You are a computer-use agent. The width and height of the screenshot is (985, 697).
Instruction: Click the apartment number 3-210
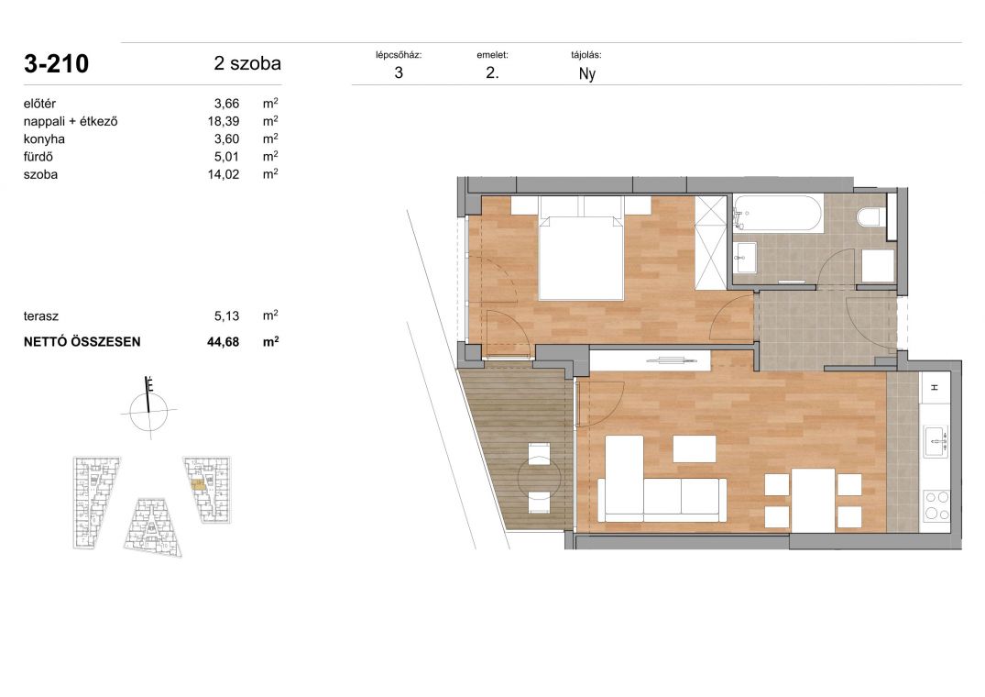(x=57, y=64)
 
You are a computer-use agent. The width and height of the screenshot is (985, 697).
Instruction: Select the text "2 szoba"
(x=247, y=63)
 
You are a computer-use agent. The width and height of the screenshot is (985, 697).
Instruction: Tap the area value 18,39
(x=224, y=121)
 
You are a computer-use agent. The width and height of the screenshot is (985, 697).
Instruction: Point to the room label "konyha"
(x=44, y=138)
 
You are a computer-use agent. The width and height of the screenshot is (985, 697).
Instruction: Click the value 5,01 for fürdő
(x=226, y=157)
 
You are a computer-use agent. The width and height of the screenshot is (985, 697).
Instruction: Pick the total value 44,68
(x=224, y=342)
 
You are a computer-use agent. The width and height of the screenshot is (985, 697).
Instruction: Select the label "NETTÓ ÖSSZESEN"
(x=82, y=342)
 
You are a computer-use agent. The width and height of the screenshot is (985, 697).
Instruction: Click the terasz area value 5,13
(x=226, y=316)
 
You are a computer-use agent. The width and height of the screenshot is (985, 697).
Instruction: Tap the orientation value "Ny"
(x=586, y=74)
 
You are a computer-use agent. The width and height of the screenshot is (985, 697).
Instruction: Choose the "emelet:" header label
(x=493, y=55)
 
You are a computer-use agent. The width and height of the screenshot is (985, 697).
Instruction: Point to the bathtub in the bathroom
(x=778, y=214)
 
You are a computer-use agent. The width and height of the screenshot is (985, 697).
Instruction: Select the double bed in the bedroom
(x=581, y=258)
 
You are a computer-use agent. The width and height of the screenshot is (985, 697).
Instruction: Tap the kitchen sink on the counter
(x=936, y=441)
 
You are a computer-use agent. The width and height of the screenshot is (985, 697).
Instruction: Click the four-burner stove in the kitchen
(x=937, y=505)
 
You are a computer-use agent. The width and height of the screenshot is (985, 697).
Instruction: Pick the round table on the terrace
(x=539, y=479)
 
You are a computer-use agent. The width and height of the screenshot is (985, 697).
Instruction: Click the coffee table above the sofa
(x=695, y=449)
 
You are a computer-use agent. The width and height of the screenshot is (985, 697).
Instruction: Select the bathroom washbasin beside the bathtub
(x=747, y=258)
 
